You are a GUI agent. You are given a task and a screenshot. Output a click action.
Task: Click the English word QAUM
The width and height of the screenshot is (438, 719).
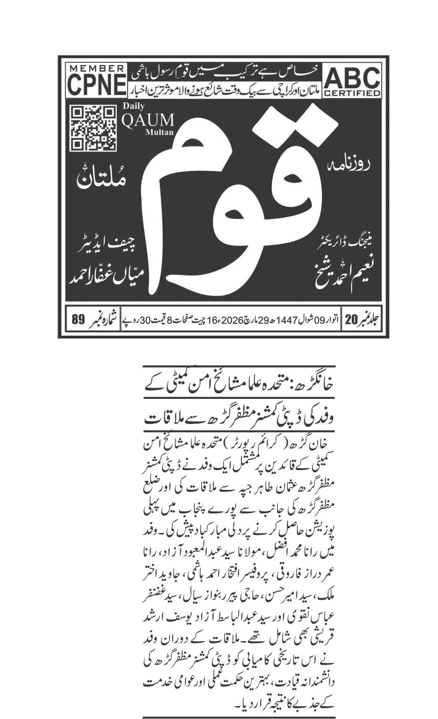[x=148, y=120]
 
